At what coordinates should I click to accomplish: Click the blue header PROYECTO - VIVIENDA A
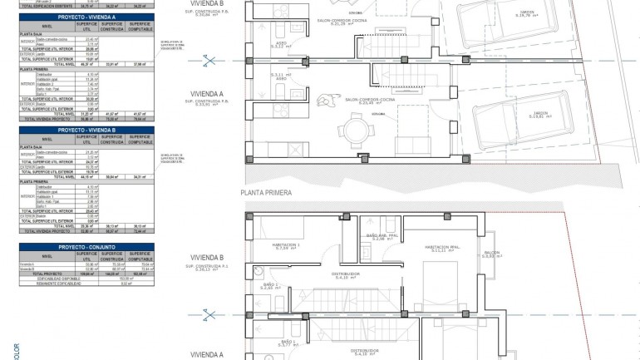[x=86, y=16]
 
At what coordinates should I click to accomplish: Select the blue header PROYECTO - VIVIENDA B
[x=86, y=131]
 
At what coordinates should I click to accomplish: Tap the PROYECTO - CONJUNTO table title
[x=86, y=247]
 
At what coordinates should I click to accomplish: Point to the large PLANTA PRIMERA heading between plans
[x=266, y=193]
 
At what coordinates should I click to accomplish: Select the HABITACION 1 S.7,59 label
[x=287, y=247]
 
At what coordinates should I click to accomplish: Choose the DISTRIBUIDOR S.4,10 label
[x=345, y=274]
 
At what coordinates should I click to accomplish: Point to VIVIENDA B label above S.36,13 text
[x=207, y=258]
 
